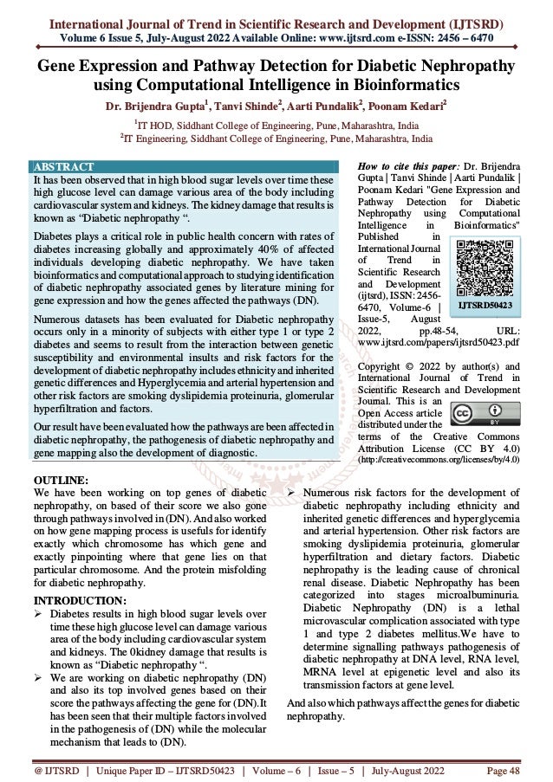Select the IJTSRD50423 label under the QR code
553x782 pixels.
point(485,306)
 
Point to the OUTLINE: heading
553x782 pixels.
point(59,480)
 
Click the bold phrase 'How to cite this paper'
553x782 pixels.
point(407,166)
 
